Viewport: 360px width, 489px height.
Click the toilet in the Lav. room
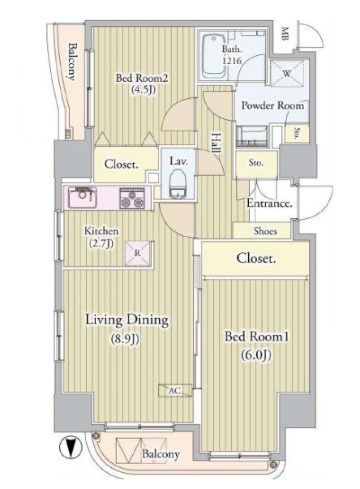(178, 185)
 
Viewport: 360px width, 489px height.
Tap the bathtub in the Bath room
(213, 57)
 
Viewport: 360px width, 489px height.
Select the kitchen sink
(82, 198)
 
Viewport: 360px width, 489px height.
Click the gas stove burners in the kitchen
(132, 198)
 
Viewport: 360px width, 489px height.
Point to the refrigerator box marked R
(138, 253)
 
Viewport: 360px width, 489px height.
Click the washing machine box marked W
(287, 73)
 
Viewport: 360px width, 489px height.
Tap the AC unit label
(175, 390)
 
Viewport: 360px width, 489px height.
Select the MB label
(285, 34)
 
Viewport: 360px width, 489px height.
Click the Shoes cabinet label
(265, 231)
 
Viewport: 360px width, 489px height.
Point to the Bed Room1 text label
(257, 337)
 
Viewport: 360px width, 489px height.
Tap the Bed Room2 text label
(142, 78)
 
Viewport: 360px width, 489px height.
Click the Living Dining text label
(126, 320)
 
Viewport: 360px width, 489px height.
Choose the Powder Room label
(272, 105)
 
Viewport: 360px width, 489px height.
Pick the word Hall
(216, 143)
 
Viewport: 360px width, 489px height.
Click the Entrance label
(270, 204)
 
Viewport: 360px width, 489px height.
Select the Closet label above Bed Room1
(256, 258)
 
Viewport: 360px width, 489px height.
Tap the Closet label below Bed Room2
(122, 164)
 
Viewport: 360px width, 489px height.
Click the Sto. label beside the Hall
(256, 162)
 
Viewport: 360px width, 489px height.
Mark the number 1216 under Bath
(232, 60)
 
